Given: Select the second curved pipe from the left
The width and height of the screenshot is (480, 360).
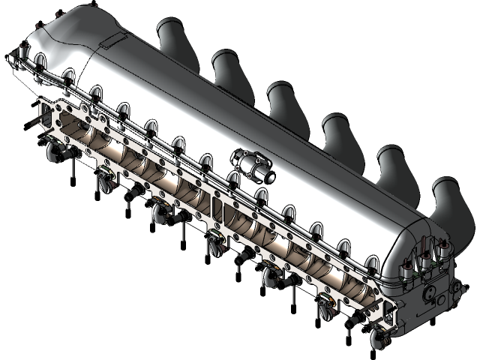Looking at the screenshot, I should coord(229,67).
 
